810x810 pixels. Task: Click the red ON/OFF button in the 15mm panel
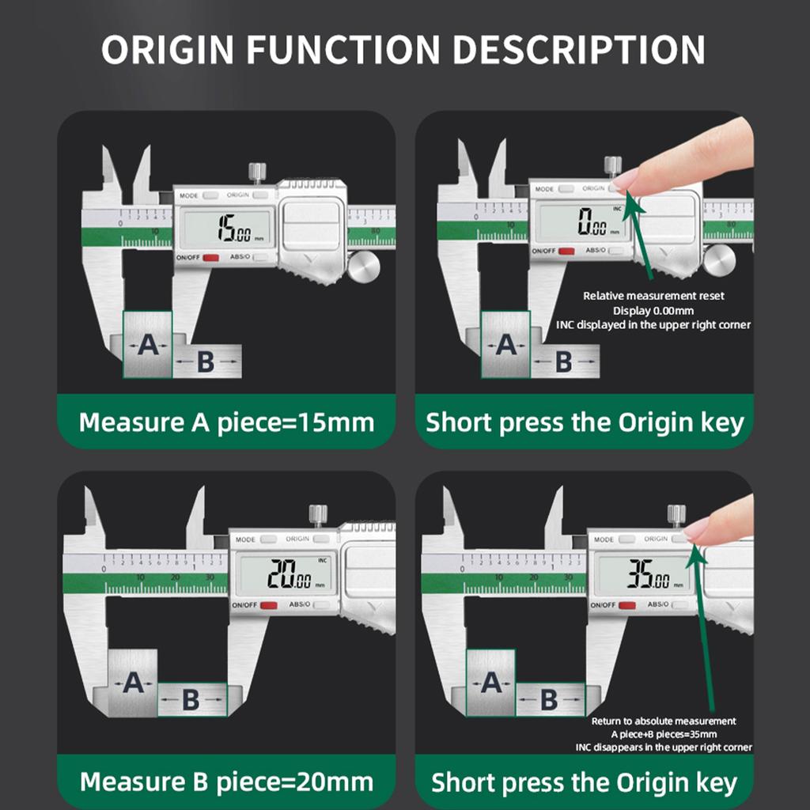tap(210, 258)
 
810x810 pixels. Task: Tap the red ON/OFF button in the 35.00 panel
tap(626, 606)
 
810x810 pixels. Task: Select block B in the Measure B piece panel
tap(191, 700)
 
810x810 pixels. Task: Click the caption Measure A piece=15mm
tap(226, 422)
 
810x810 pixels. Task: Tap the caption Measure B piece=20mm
tap(226, 782)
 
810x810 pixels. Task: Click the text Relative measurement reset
tap(653, 296)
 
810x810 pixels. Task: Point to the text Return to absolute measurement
tap(664, 721)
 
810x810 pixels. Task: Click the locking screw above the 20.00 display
tap(319, 515)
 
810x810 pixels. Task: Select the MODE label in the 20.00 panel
tap(246, 539)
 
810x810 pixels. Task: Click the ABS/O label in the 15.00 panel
tap(240, 257)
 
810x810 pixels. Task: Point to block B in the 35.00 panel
tap(549, 700)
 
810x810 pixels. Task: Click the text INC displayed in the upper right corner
tap(653, 324)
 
